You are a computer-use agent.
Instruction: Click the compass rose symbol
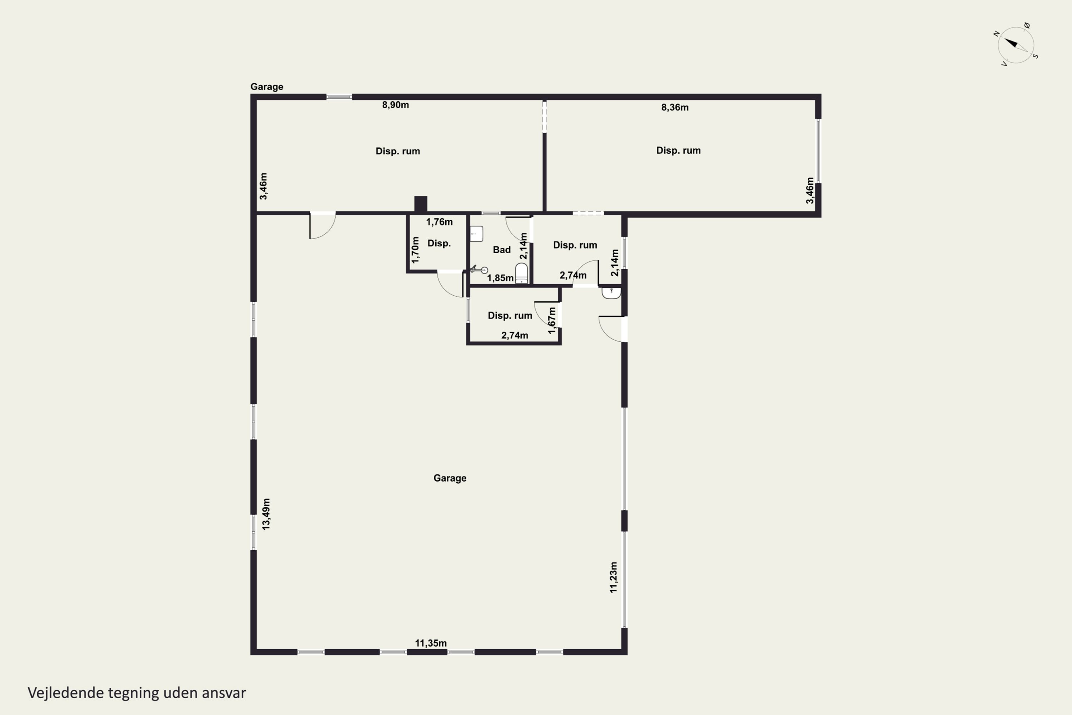1016,45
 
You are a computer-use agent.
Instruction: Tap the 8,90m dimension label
395,105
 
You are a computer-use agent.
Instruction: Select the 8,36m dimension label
675,108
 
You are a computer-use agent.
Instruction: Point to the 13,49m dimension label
266,514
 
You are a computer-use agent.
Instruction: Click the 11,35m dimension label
430,643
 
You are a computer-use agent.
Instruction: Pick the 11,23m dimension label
613,577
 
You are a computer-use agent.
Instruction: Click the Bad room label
501,250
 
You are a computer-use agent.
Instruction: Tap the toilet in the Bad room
521,273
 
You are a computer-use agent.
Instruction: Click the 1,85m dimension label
500,278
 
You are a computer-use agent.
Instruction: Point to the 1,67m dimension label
552,320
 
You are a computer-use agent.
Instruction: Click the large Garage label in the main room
450,478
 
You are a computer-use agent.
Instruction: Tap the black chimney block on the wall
420,204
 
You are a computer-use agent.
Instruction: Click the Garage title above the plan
267,87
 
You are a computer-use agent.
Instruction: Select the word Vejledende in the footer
66,693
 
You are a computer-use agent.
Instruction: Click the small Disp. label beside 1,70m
439,243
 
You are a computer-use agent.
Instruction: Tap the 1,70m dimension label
415,250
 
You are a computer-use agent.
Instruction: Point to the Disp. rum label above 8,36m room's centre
678,151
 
